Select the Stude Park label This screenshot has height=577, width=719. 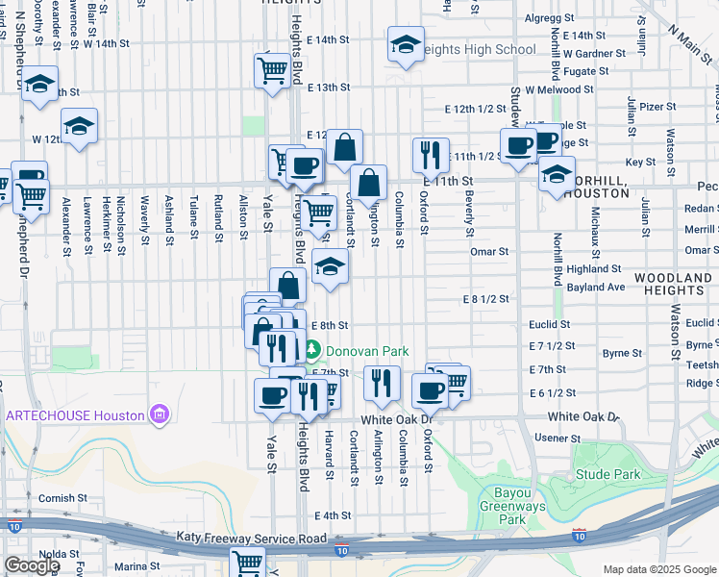point(607,474)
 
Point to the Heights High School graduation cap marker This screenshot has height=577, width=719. point(406,45)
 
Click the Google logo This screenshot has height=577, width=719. point(31,565)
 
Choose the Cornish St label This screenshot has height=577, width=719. point(62,498)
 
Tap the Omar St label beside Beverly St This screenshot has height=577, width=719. point(488,251)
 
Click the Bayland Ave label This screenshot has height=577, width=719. point(596,287)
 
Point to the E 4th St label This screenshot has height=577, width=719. point(333,516)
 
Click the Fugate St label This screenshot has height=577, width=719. point(587,71)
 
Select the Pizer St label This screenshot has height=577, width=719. point(657,107)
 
